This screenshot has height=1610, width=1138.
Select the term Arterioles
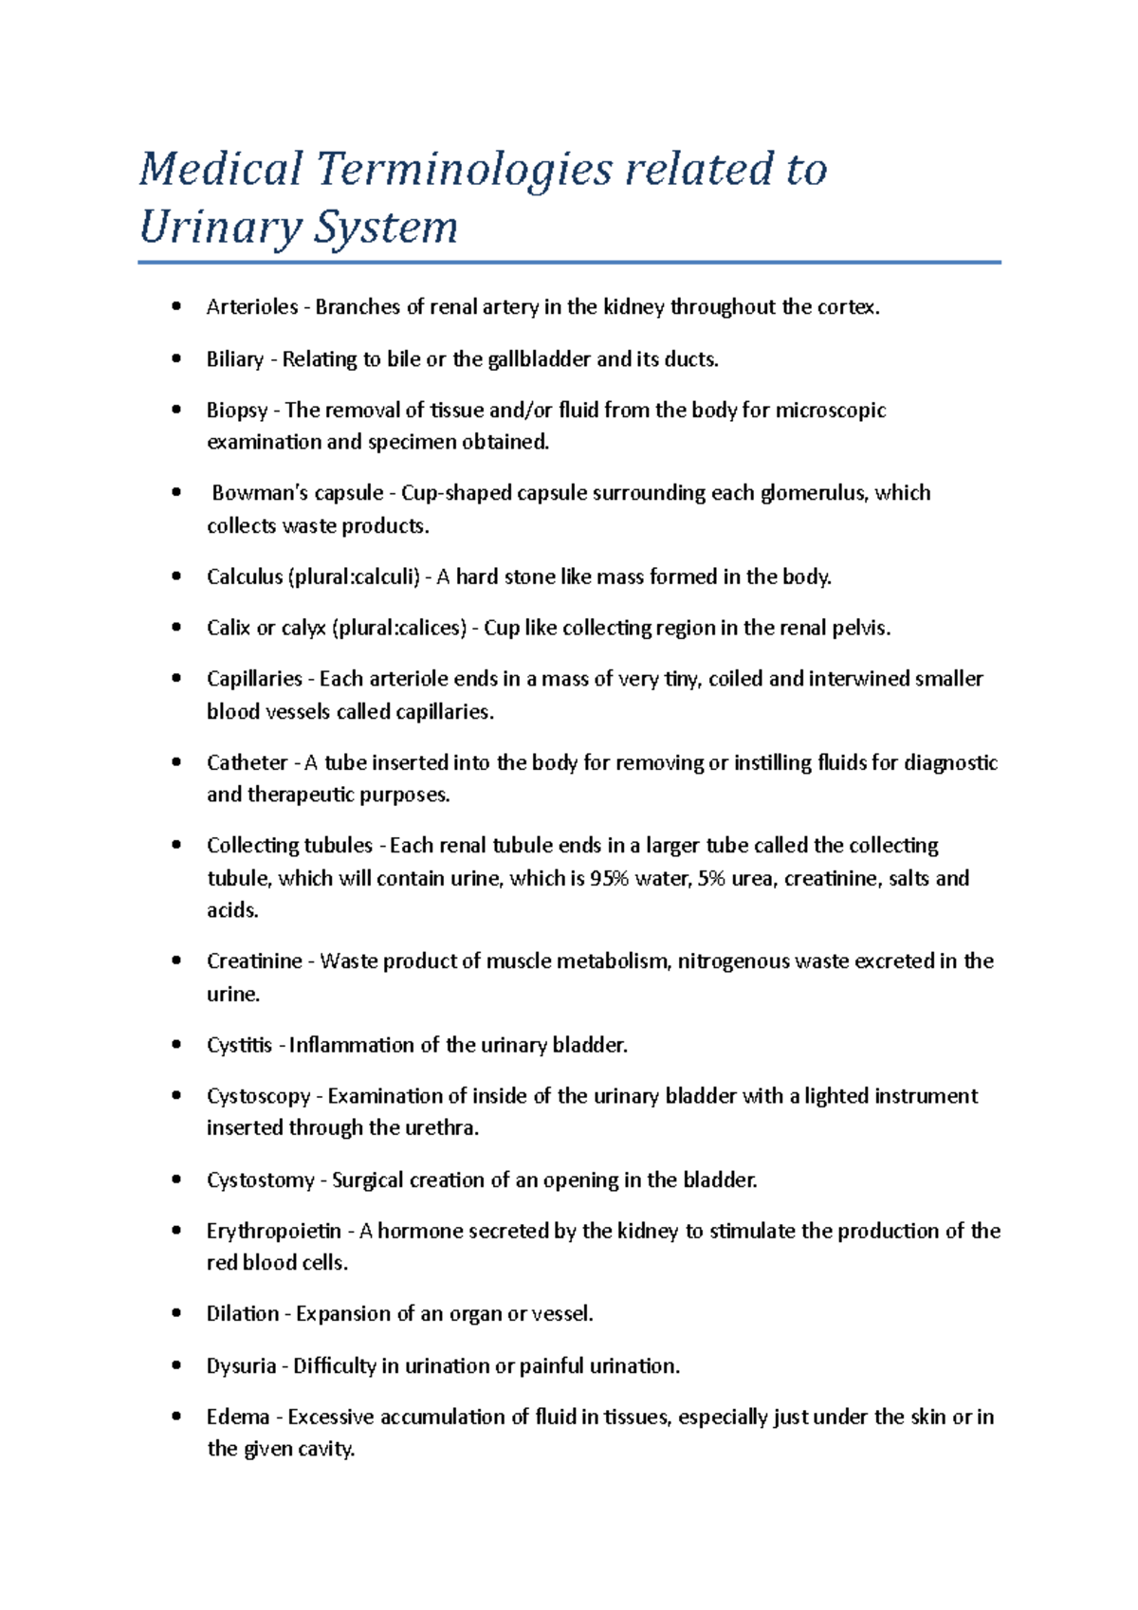251,307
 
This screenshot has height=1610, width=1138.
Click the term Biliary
234,359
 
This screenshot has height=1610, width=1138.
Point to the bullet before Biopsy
175,411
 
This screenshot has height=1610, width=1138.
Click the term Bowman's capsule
297,493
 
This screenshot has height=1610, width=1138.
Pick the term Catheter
247,763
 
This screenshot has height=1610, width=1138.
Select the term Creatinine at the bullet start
253,961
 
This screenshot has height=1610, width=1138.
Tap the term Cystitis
239,1046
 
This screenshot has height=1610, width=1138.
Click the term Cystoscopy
258,1097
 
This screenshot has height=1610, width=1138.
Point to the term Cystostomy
260,1180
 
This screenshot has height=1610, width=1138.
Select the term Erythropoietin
273,1232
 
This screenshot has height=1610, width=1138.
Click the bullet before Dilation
175,1314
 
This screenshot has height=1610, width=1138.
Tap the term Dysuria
241,1366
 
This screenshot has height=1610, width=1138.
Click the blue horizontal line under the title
569,263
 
